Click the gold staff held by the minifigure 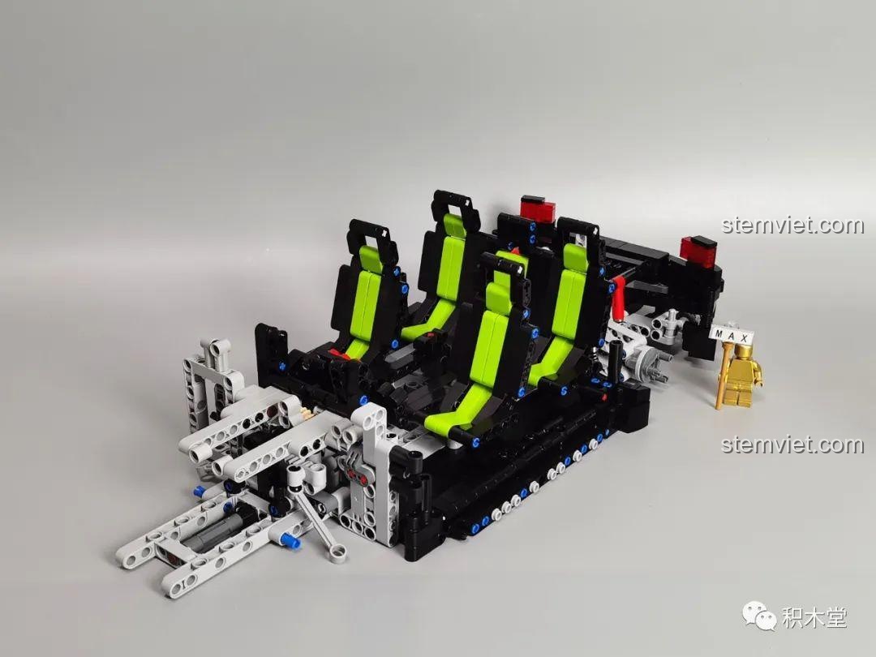pos(724,371)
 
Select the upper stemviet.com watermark pos(792,225)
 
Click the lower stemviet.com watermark pos(792,444)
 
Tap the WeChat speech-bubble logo pos(759,615)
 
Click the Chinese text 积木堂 pos(814,617)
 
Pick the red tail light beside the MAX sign pos(698,250)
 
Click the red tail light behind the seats pos(538,209)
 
